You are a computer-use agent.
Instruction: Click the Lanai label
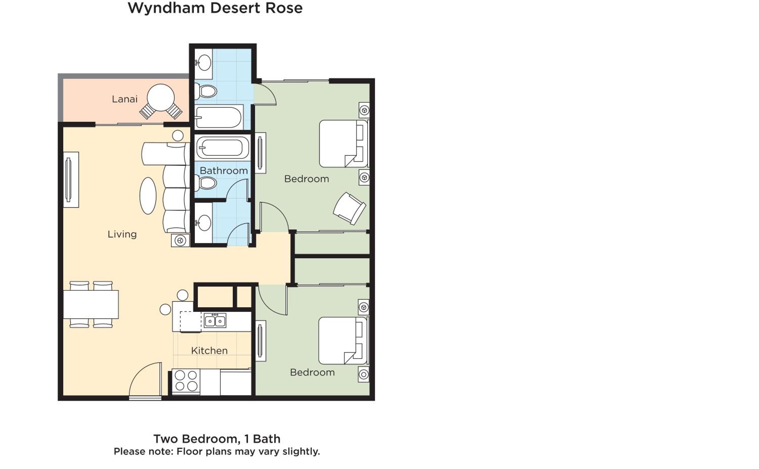(124, 99)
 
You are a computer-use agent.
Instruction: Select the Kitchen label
(209, 350)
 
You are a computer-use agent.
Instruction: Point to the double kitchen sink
(215, 320)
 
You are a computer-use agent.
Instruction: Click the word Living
(122, 234)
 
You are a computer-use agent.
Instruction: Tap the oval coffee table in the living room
(148, 196)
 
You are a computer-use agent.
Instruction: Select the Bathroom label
(224, 171)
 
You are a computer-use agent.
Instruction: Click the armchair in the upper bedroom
(349, 208)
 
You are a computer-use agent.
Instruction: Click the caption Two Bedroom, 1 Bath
(217, 439)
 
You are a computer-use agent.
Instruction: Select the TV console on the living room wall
(71, 180)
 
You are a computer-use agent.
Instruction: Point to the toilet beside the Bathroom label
(206, 183)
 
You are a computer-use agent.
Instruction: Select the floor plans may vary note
(217, 452)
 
